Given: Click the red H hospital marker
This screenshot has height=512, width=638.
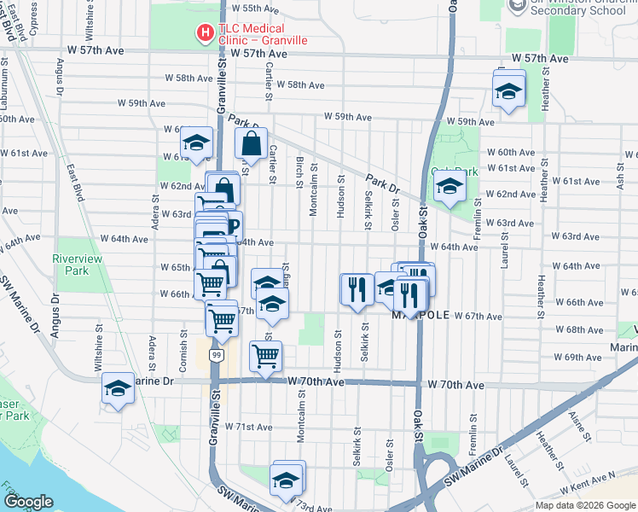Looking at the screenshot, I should pos(205,34).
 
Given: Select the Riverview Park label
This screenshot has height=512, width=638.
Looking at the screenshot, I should pos(77,265).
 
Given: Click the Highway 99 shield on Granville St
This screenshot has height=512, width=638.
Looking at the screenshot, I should pos(217,355).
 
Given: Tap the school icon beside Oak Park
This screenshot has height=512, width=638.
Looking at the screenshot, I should pos(449,188).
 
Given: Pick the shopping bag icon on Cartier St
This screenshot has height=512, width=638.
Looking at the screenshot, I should pos(251,145).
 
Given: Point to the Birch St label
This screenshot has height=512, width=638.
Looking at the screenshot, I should pos(299,170).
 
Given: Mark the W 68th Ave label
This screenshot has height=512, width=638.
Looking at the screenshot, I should pos(584,330).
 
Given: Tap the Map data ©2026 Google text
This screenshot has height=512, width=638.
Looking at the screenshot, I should pos(584,505).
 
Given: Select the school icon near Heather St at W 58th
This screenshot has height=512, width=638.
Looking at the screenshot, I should pos(508,91).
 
